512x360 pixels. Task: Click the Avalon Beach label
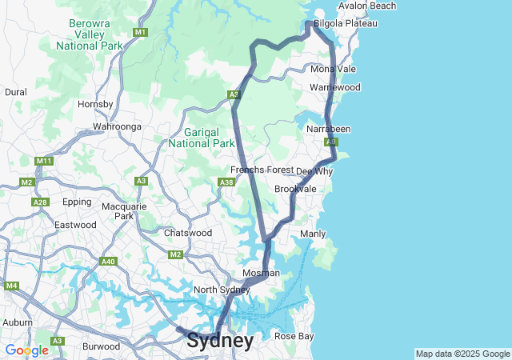coord(366,6)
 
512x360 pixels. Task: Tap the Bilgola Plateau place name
coord(345,24)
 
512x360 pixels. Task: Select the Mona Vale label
coord(333,70)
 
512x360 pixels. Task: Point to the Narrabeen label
coord(328,129)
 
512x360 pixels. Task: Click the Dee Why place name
coord(314,171)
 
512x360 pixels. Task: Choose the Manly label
coord(312,234)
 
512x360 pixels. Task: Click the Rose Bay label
coord(294,336)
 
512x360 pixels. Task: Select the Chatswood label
coord(187,233)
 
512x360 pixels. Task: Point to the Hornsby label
coord(95,104)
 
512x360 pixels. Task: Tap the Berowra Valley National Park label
coord(90,35)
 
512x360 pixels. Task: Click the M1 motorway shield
coord(140,32)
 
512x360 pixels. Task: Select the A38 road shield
coord(226,182)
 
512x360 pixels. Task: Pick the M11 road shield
coord(44,161)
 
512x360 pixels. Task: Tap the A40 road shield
coord(108,262)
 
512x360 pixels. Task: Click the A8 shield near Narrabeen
coord(332,142)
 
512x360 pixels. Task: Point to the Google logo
coord(26,350)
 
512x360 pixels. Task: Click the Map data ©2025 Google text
coord(462,354)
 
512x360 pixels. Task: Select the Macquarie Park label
coord(118,211)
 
